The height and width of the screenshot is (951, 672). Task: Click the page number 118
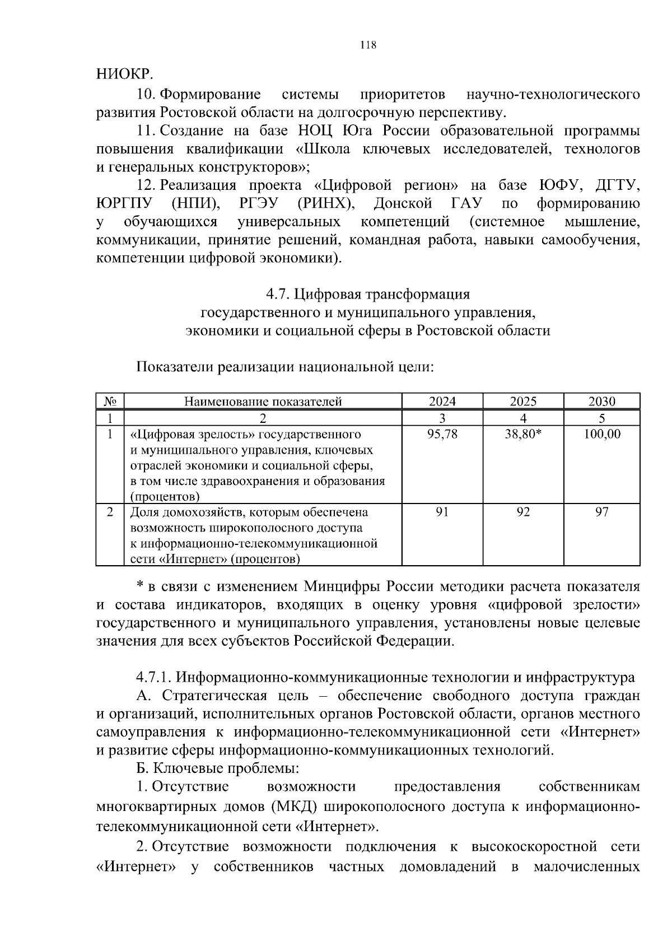coord(368,45)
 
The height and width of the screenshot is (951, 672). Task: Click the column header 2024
coord(442,401)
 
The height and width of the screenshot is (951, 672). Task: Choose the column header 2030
coord(601,401)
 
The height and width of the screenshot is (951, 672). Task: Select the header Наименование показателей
coord(263,401)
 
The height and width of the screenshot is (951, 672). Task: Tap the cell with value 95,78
coord(442,434)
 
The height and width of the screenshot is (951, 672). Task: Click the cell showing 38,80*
coord(523,434)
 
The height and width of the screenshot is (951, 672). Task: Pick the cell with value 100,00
coord(601,434)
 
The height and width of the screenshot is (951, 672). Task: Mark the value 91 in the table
coord(442,512)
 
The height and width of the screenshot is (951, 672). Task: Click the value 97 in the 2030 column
coord(601,512)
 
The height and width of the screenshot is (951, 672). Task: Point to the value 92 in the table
coord(523,512)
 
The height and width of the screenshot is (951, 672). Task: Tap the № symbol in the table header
coord(110,401)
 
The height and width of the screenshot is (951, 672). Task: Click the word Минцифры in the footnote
coord(342,587)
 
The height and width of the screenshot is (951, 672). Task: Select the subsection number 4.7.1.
coord(153,678)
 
